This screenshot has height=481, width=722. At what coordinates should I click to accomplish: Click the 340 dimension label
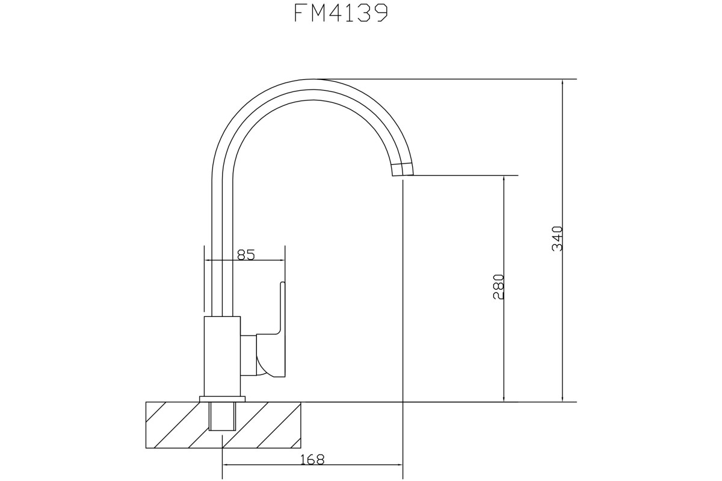[557, 239]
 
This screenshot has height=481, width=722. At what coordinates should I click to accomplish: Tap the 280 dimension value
[499, 287]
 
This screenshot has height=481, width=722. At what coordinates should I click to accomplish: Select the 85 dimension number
[246, 255]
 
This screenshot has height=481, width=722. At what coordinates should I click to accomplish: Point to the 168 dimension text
[312, 460]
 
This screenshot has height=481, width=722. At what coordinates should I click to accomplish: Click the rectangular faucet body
[223, 357]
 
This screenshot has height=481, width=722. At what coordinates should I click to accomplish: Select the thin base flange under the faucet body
[223, 399]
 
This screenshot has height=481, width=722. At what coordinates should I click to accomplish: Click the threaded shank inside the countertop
[223, 416]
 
